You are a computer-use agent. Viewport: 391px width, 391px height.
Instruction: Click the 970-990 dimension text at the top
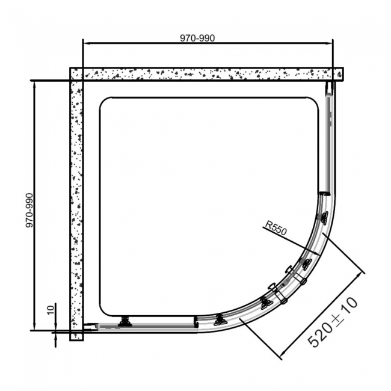[x=197, y=37]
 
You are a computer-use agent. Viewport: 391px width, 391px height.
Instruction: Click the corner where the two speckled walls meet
[x=76, y=74]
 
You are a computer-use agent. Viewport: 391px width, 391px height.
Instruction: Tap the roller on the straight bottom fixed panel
[x=126, y=322]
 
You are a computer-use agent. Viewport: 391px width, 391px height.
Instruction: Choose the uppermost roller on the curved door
[x=325, y=217]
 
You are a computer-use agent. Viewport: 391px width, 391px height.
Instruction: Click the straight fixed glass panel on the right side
[x=328, y=144]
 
